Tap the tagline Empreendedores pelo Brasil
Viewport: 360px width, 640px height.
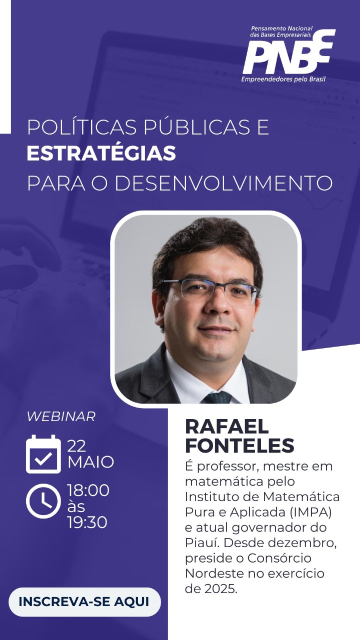coord(283,79)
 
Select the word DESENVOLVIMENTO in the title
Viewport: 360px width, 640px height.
coord(223,183)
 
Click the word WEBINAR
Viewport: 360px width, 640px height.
coord(61,416)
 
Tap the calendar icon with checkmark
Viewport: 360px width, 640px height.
coord(43,454)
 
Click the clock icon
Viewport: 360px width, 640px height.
coord(43,501)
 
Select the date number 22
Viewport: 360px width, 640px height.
coord(76,446)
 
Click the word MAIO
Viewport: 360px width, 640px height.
coord(90,462)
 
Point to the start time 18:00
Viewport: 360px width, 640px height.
coord(88,490)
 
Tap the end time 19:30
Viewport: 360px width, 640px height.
coord(87,522)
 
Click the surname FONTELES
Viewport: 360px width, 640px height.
coord(239,445)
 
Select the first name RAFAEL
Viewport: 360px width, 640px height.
coord(227,427)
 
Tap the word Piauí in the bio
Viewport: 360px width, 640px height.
coord(202,542)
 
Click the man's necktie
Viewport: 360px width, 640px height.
coord(217,397)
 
